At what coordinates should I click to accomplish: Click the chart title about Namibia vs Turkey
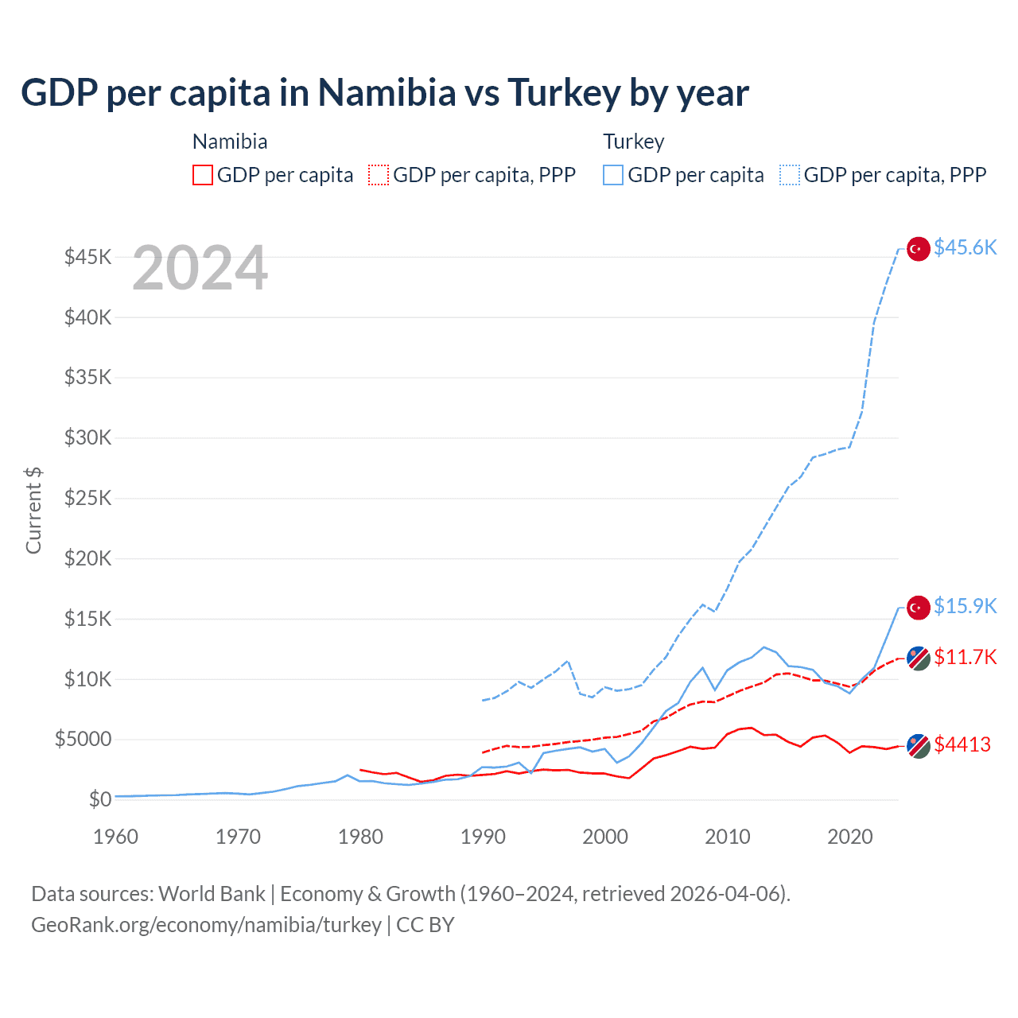click(x=385, y=93)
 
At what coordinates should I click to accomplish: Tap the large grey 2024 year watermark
click(x=200, y=269)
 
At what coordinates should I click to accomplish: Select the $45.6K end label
click(x=965, y=247)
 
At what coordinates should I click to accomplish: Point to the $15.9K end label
click(x=965, y=606)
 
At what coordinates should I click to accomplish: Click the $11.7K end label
click(x=965, y=657)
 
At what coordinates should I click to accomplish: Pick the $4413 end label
click(x=962, y=744)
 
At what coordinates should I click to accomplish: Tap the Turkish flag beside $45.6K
click(x=919, y=249)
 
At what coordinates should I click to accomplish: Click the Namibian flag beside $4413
click(x=919, y=746)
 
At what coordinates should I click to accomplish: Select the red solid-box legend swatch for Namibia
click(x=203, y=175)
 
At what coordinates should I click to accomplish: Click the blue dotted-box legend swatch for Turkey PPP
click(x=790, y=175)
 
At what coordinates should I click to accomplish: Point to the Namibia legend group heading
click(x=230, y=142)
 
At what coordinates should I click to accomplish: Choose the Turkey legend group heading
click(x=633, y=142)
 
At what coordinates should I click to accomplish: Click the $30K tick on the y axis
click(x=88, y=437)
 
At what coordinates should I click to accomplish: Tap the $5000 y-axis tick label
click(x=84, y=739)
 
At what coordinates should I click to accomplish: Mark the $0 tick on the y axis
click(x=99, y=799)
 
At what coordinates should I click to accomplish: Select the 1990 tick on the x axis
click(x=483, y=837)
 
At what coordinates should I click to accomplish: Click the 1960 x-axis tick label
click(x=116, y=837)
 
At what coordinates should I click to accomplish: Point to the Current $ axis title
click(x=33, y=511)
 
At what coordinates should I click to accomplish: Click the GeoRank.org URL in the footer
click(x=206, y=925)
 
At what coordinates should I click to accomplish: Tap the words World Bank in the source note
click(x=212, y=894)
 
